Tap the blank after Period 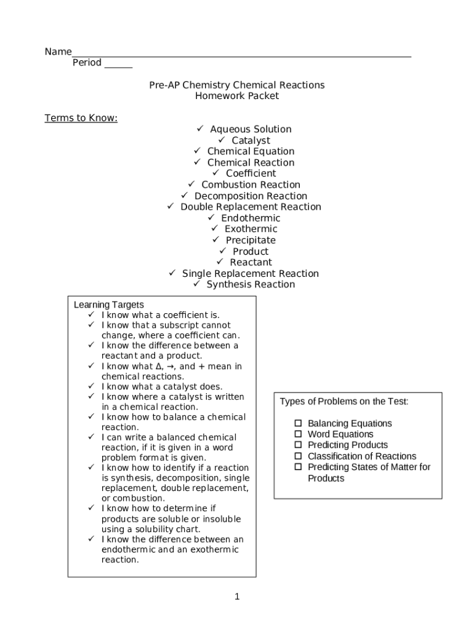tap(118, 65)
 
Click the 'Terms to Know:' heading tap(81, 118)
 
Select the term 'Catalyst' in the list tap(251, 140)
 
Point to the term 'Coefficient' tap(251, 173)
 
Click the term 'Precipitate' tap(251, 240)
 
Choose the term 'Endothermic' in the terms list tap(251, 218)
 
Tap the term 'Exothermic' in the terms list tap(251, 229)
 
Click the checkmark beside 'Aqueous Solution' tap(200, 129)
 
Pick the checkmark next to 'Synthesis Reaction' tap(196, 284)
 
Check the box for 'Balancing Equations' tap(298, 423)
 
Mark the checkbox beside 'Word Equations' tap(298, 434)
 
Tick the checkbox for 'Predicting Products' tap(298, 445)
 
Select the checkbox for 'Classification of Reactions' tap(298, 456)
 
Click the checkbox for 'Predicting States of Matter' tap(298, 467)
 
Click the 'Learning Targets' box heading tap(109, 305)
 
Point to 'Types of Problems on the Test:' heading tap(344, 402)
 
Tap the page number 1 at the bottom tap(237, 597)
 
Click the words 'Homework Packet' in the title tap(237, 96)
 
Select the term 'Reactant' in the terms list tap(251, 262)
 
